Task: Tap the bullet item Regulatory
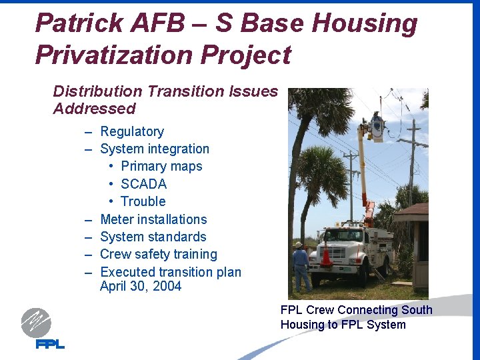[x=131, y=132]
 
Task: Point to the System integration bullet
[x=154, y=149]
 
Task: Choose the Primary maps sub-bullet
[x=161, y=167]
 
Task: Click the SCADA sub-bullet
[x=143, y=184]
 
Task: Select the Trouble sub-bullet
[x=143, y=201]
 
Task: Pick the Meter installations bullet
[x=153, y=219]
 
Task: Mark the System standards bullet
[x=153, y=237]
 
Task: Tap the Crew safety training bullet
[x=158, y=254]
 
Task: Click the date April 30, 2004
[x=140, y=287]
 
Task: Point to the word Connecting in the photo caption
[x=369, y=310]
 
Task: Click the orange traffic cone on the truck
[x=327, y=255]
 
